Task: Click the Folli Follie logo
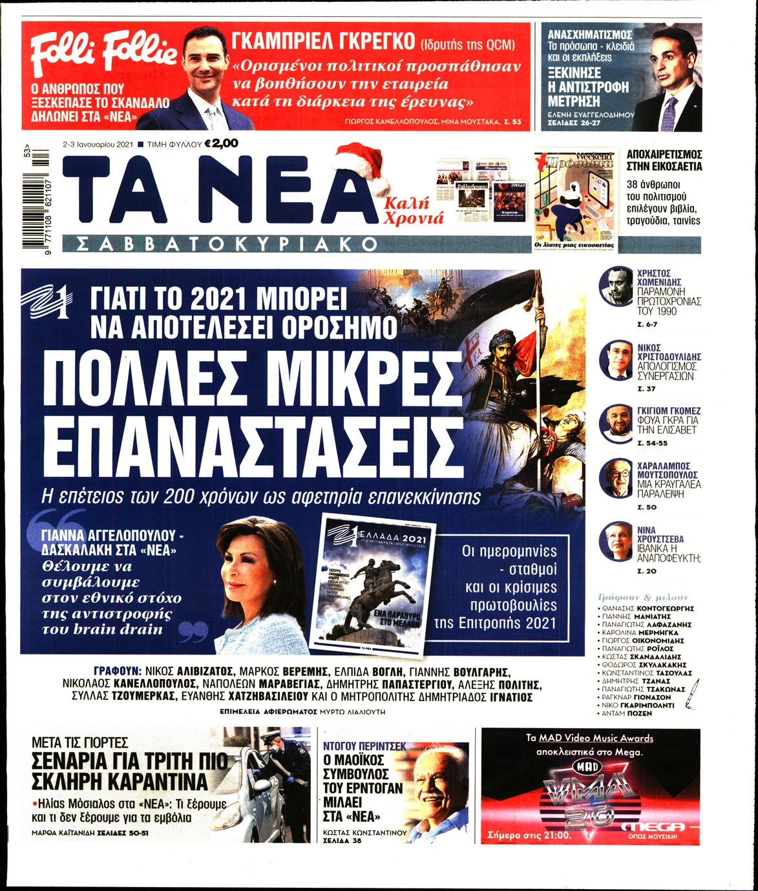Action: [x=102, y=52]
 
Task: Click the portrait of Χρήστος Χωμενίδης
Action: [x=615, y=286]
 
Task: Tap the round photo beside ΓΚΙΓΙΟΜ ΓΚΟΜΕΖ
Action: [x=615, y=422]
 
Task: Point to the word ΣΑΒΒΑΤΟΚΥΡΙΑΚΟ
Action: [x=226, y=244]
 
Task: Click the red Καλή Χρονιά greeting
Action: [x=414, y=210]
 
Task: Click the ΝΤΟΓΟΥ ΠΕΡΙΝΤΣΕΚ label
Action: [x=365, y=746]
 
